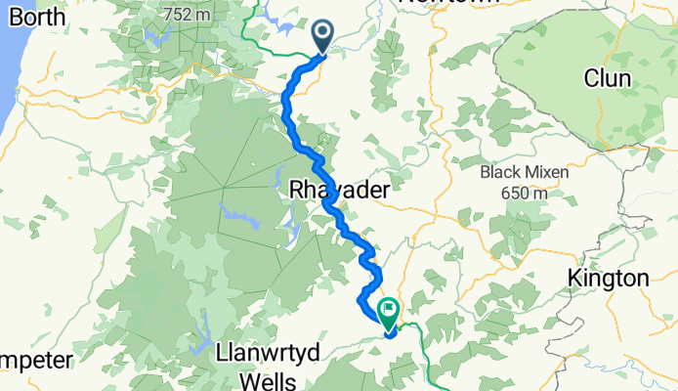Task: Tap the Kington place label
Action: [x=608, y=279]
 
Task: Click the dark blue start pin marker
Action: [x=323, y=37]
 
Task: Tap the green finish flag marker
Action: [x=388, y=314]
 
